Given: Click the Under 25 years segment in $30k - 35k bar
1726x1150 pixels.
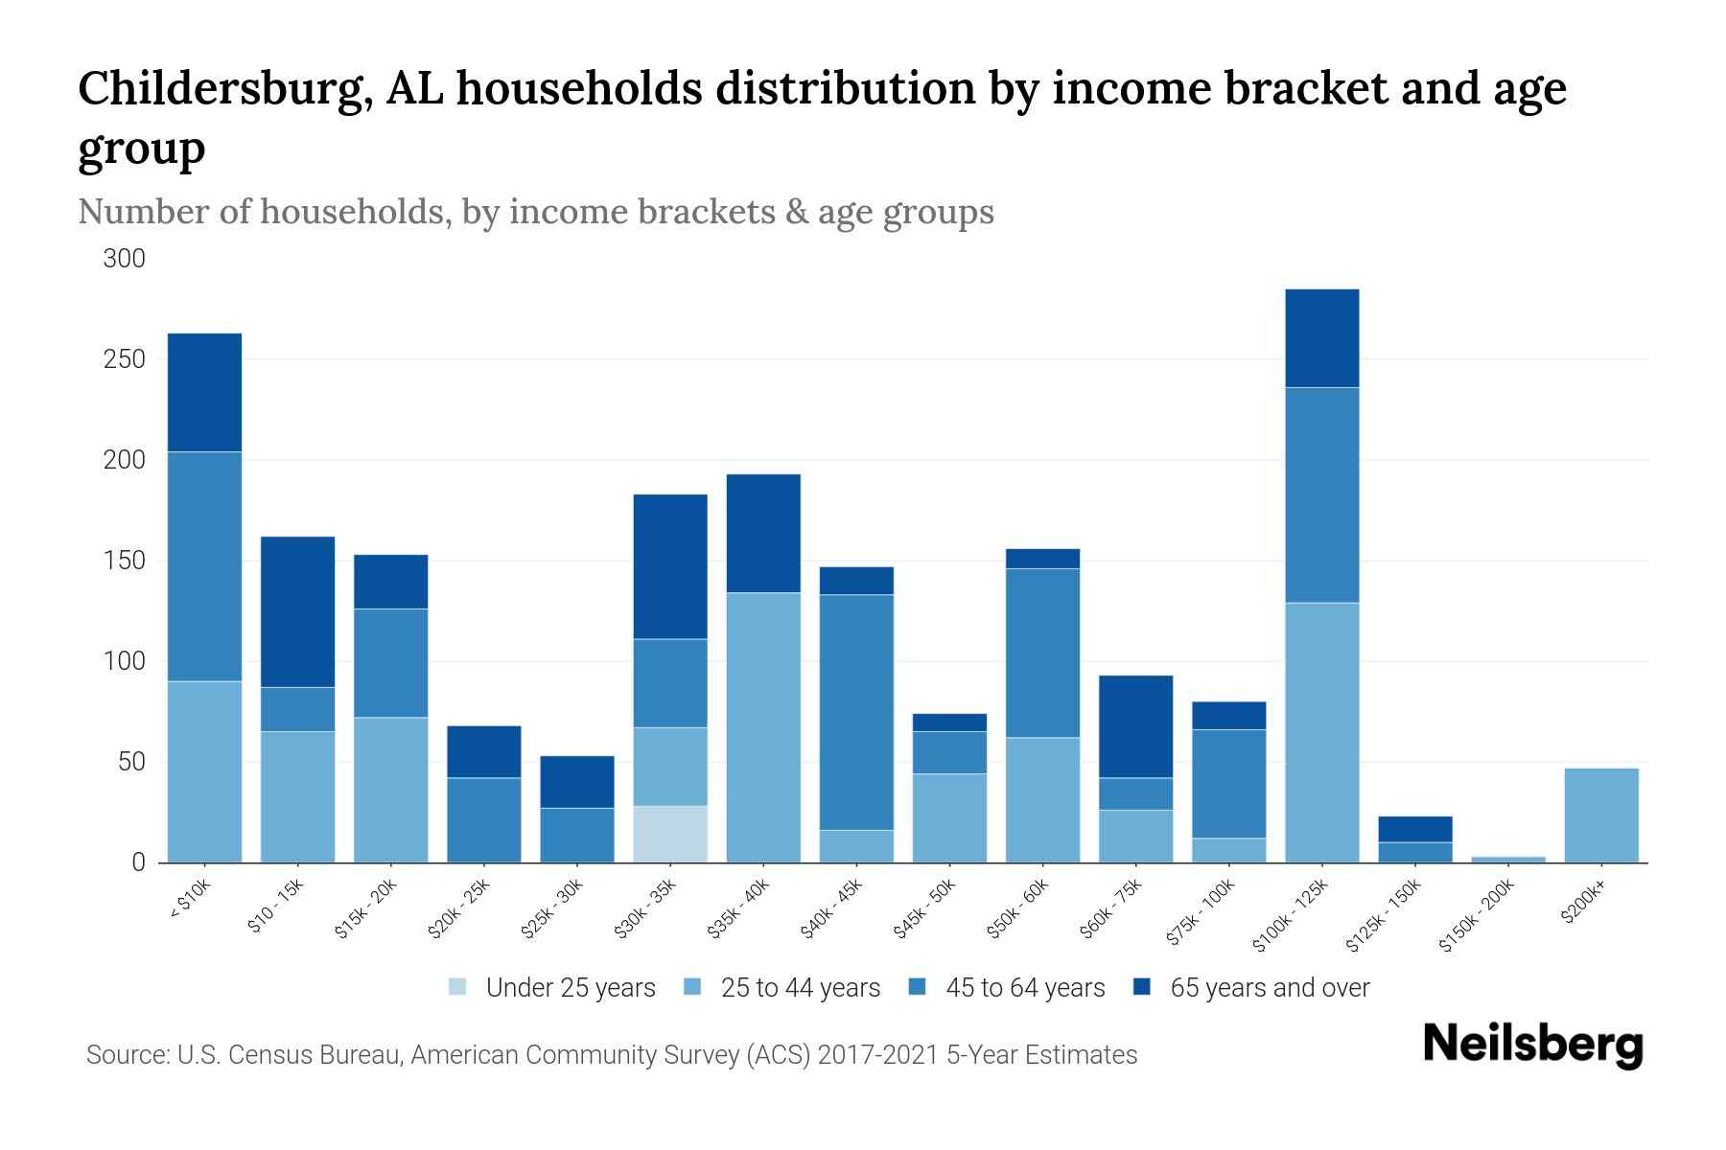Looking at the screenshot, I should click(670, 834).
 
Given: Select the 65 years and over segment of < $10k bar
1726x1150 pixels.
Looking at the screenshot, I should click(204, 392).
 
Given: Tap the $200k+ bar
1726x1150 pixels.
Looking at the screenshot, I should click(1600, 815).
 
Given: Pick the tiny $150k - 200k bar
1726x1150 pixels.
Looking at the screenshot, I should click(1507, 859).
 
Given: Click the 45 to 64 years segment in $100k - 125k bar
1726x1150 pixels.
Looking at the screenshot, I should click(1321, 494).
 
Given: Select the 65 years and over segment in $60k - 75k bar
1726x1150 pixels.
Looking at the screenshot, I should click(1135, 726).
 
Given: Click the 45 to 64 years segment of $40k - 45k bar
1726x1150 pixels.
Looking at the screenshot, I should click(856, 711).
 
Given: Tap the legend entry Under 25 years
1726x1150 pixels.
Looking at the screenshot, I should click(570, 988).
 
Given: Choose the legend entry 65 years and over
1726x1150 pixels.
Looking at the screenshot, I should click(1269, 988).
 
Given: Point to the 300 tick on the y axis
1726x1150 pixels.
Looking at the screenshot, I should click(125, 259).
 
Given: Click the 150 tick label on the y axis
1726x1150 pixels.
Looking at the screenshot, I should click(125, 561).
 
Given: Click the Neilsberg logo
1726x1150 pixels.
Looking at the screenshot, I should click(1532, 1045).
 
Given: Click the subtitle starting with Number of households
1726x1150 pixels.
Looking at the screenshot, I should click(535, 212).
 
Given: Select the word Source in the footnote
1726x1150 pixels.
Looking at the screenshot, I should click(125, 1055).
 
